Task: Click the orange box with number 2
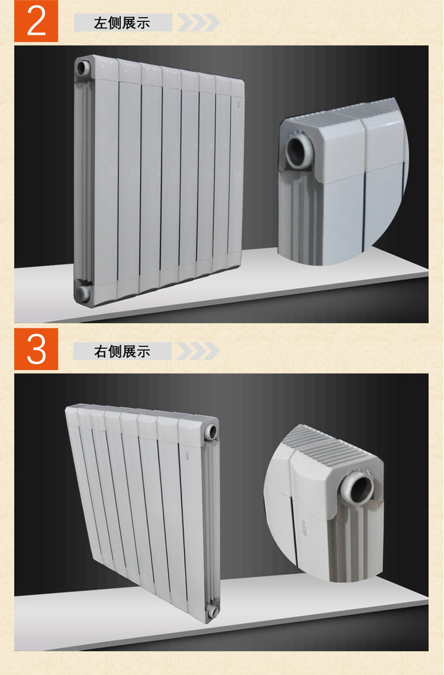(x=36, y=21)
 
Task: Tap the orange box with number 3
(x=36, y=349)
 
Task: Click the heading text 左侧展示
(x=122, y=23)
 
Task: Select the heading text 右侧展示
(x=122, y=351)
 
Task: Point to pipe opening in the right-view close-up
(x=358, y=490)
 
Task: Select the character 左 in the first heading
(x=100, y=23)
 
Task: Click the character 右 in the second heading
(x=100, y=352)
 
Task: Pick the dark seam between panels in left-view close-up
(x=364, y=208)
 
